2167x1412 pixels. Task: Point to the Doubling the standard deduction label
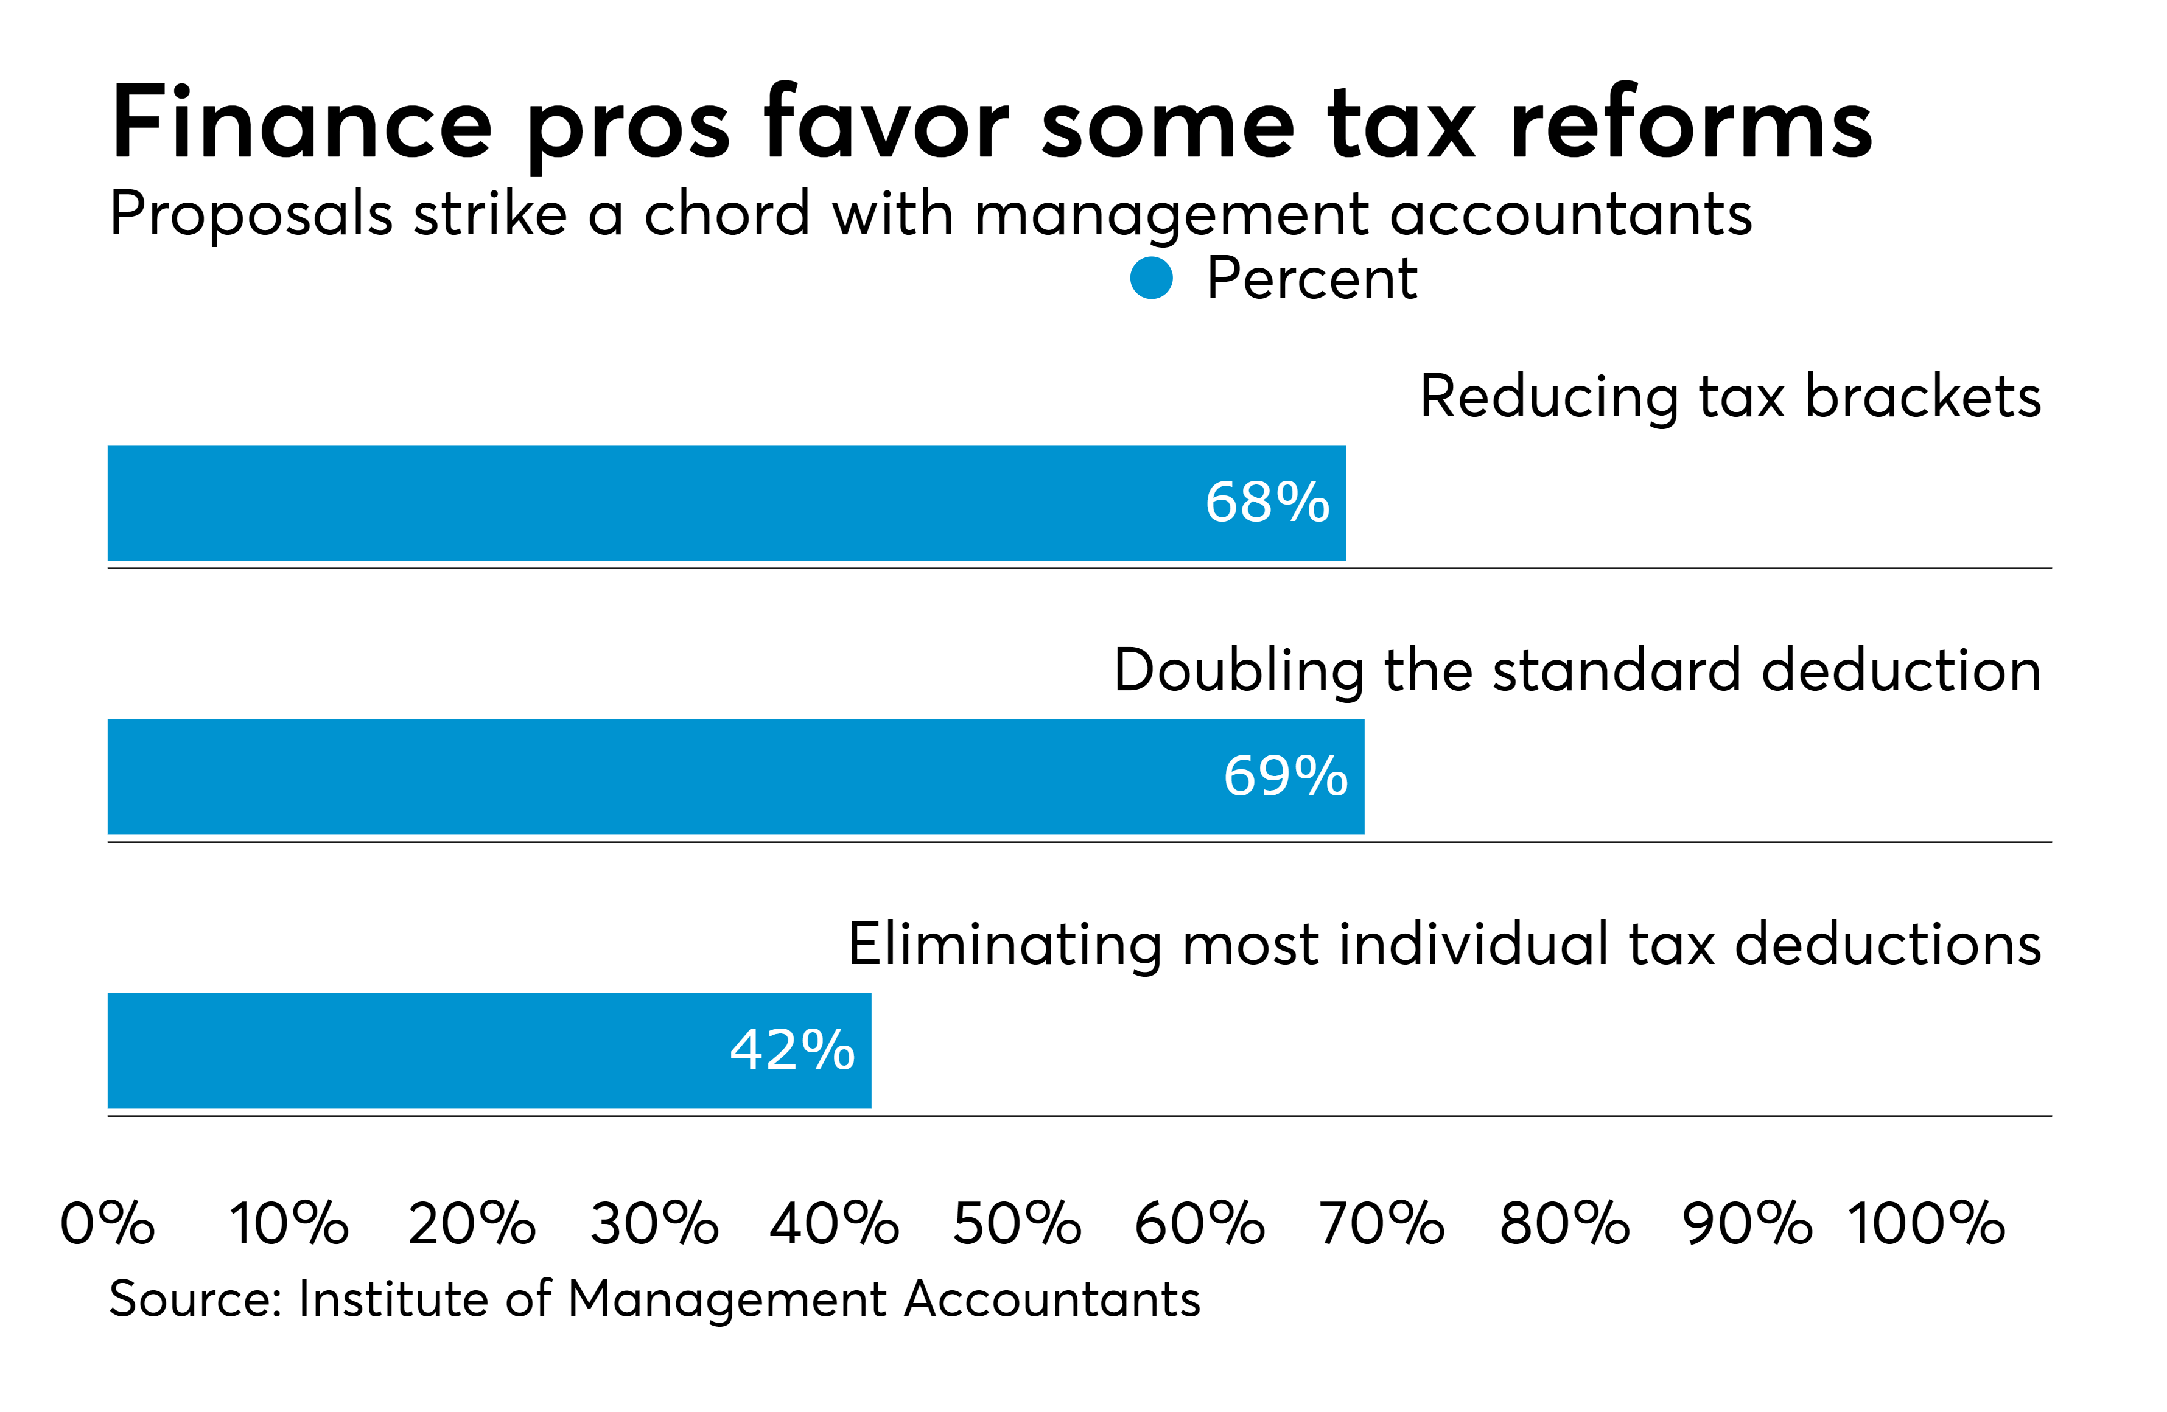point(1577,670)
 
